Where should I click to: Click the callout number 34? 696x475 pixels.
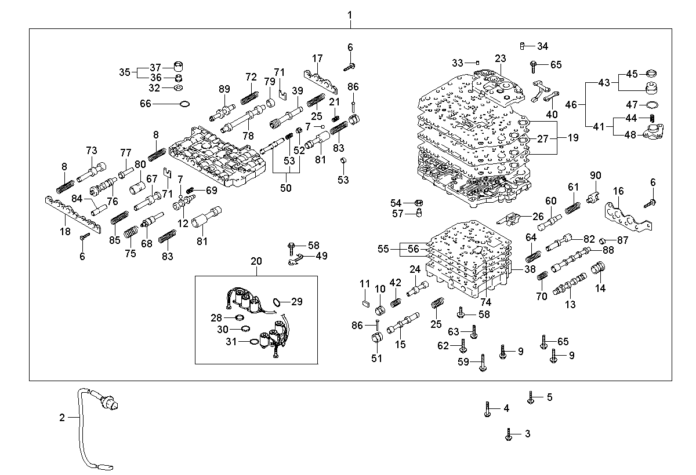542,46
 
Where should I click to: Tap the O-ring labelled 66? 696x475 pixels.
184,104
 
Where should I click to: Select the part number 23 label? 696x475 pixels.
500,59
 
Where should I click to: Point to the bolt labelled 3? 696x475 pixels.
509,434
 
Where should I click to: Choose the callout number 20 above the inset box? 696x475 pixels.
256,261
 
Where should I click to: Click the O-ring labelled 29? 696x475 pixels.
276,302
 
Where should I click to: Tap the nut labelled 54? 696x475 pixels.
419,203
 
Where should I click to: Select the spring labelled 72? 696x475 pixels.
249,98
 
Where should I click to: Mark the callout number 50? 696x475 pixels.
286,188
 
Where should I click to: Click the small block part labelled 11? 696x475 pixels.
366,303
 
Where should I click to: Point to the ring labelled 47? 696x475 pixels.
652,105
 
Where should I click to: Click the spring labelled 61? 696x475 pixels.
572,208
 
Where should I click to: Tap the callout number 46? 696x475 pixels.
571,105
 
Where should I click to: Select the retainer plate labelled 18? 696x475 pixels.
73,214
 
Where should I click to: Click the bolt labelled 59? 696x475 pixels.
483,363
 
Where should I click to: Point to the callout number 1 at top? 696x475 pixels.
350,15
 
